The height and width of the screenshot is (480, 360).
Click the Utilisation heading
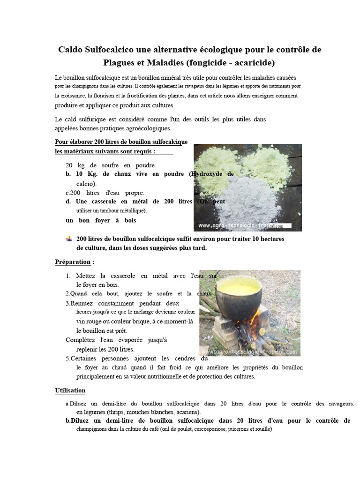(x=70, y=390)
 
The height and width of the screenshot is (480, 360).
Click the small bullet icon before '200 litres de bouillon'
(x=69, y=239)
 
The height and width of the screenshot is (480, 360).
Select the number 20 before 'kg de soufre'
(x=69, y=165)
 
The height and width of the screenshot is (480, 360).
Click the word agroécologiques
(x=145, y=128)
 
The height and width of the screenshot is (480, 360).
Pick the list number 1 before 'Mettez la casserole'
(x=68, y=276)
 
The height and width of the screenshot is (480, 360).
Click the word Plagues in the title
(x=119, y=62)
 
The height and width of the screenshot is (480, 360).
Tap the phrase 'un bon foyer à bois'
(x=101, y=220)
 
